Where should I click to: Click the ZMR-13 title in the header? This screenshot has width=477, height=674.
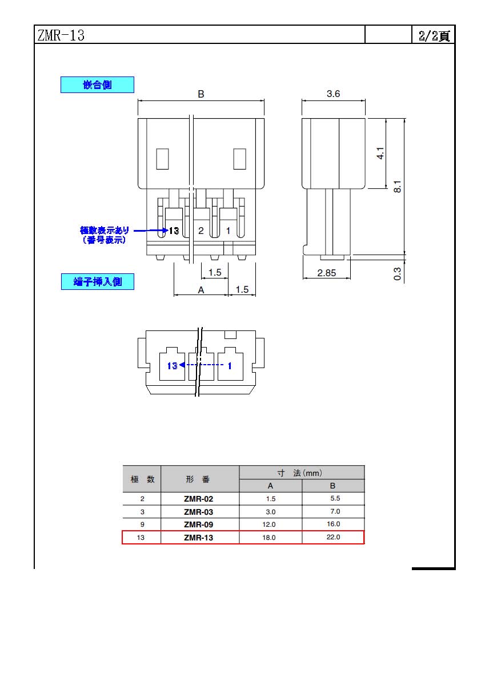click(61, 35)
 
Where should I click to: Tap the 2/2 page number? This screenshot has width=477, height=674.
click(434, 35)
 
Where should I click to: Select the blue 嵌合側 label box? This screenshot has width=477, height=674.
click(97, 84)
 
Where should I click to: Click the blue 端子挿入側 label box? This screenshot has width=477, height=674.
click(98, 281)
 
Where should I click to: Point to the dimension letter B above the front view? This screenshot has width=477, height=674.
click(201, 94)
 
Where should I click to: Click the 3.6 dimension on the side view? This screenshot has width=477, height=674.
click(334, 94)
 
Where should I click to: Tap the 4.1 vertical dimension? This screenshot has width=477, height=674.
click(380, 153)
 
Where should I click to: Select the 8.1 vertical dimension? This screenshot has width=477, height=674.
click(398, 187)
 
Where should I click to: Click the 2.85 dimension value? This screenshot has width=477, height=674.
click(326, 273)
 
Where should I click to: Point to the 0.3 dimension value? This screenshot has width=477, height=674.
click(398, 274)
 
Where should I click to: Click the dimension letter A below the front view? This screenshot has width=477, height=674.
click(201, 290)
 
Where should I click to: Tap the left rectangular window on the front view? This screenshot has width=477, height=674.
click(162, 159)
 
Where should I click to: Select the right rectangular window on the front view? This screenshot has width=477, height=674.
click(239, 159)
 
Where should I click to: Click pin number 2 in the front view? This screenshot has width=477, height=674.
click(201, 231)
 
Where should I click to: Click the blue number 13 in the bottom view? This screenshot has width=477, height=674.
click(172, 366)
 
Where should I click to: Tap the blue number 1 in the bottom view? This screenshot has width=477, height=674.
click(230, 366)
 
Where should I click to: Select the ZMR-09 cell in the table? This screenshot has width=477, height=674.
click(198, 524)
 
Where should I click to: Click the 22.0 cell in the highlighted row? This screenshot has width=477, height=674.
click(334, 537)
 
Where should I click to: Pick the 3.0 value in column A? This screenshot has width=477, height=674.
click(271, 512)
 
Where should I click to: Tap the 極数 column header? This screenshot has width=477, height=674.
click(142, 479)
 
